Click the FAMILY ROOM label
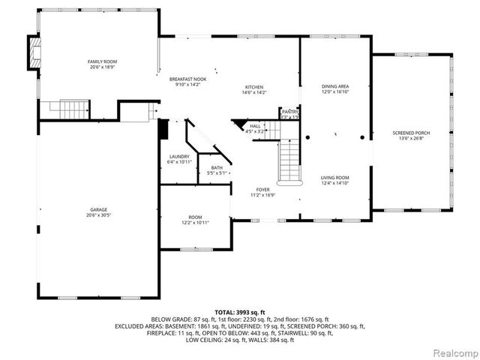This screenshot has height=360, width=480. pyautogui.click(x=102, y=61)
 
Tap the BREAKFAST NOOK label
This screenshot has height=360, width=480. pyautogui.click(x=187, y=79)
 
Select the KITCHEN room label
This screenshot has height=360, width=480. pyautogui.click(x=254, y=86)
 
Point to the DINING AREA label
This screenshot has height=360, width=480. pyautogui.click(x=335, y=86)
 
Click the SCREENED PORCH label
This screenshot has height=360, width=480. pyautogui.click(x=411, y=133)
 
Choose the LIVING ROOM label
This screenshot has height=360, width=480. pyautogui.click(x=335, y=177)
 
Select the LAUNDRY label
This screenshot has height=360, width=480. pyautogui.click(x=179, y=157)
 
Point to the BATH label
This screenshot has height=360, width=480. pyautogui.click(x=217, y=168)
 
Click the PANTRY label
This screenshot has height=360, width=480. pyautogui.click(x=290, y=111)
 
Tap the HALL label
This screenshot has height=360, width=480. pyautogui.click(x=255, y=126)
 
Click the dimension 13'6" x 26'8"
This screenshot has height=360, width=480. pyautogui.click(x=411, y=138)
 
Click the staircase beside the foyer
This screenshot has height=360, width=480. pyautogui.click(x=289, y=160)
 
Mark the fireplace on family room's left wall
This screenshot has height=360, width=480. pyautogui.click(x=32, y=52)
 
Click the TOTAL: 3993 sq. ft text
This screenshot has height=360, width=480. pyautogui.click(x=240, y=312)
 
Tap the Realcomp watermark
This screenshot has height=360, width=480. pyautogui.click(x=453, y=352)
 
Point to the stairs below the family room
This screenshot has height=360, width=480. pyautogui.click(x=55, y=109)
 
